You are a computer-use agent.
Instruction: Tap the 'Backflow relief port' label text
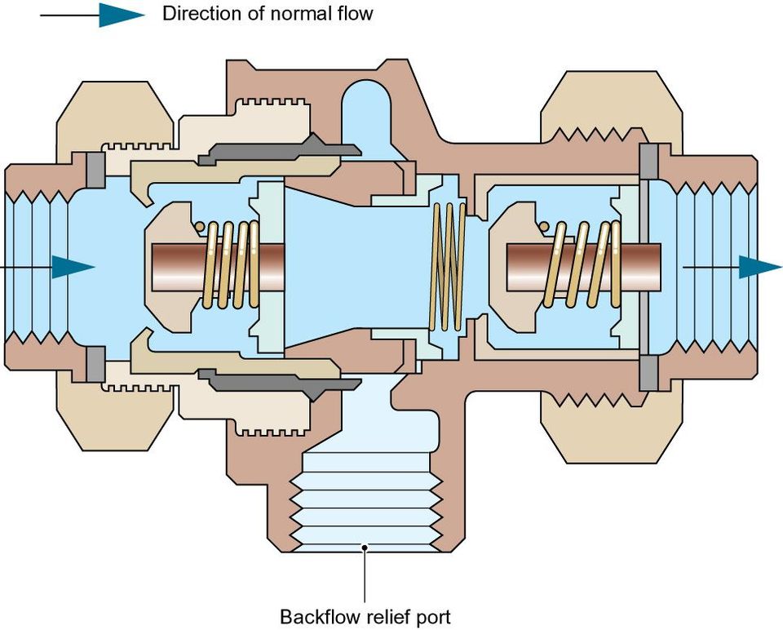click(365, 616)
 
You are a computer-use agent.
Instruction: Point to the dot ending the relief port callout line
click(365, 548)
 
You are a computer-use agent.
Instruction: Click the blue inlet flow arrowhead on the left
click(73, 267)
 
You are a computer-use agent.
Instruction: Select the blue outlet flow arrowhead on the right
click(760, 267)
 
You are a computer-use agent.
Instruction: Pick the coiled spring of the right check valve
click(584, 264)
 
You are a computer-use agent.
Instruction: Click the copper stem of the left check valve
click(218, 267)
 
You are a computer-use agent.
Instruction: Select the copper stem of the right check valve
click(583, 267)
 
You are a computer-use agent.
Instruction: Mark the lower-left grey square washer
click(96, 363)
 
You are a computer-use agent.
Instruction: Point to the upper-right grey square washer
click(648, 162)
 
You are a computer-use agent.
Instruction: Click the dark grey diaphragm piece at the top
click(280, 150)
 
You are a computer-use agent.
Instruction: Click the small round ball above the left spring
click(199, 226)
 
